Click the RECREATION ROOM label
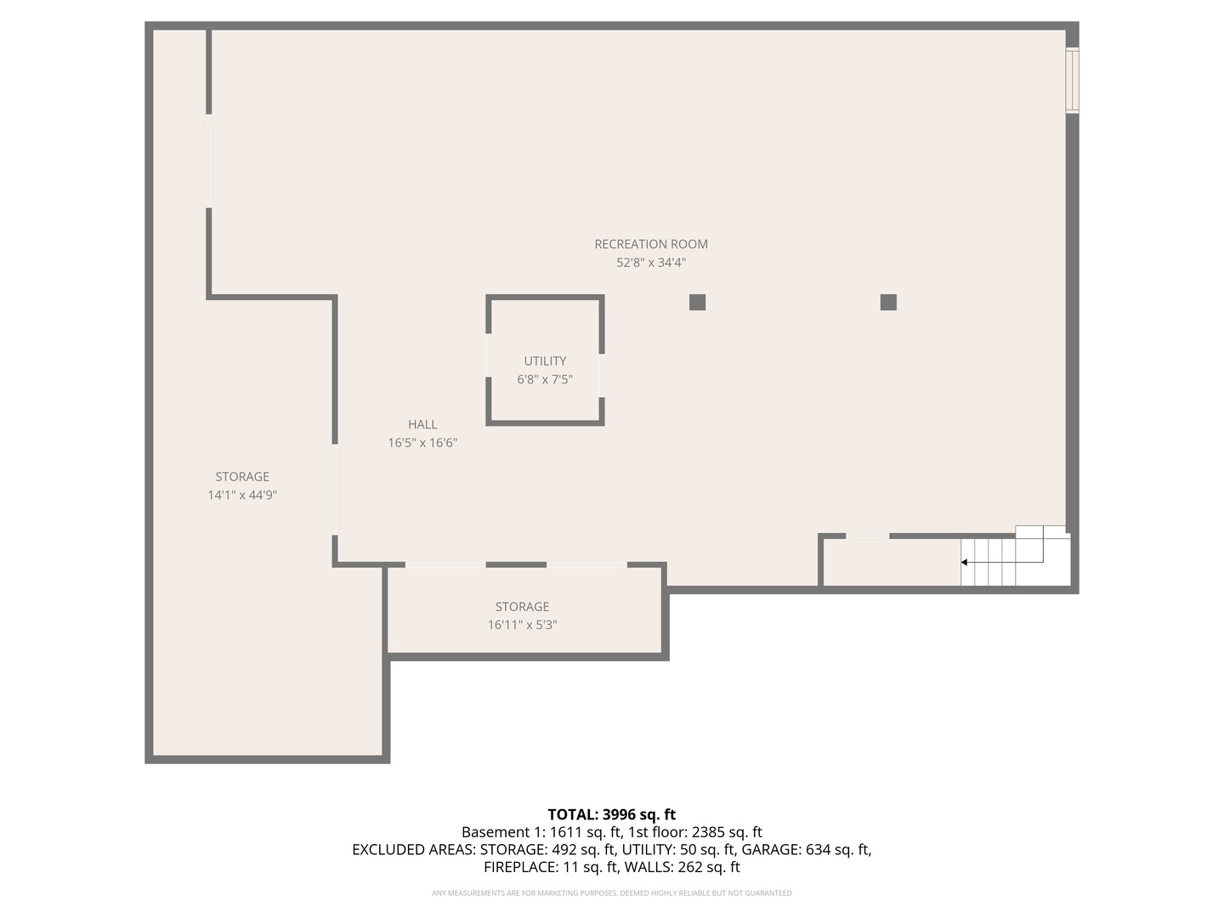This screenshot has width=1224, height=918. [x=651, y=244]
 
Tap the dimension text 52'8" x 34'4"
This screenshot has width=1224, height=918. [x=651, y=263]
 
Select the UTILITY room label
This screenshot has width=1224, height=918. [x=545, y=361]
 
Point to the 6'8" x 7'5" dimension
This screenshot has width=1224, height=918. [x=545, y=380]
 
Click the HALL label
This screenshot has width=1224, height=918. [x=422, y=424]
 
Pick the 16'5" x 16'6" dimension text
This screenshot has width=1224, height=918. [x=422, y=443]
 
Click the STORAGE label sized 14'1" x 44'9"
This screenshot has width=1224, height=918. [x=242, y=477]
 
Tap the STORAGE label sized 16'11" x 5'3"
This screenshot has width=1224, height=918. [x=522, y=607]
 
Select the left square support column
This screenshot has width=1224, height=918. [x=697, y=302]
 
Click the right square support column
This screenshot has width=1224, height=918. [x=888, y=302]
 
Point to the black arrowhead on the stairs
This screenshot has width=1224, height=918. [x=964, y=562]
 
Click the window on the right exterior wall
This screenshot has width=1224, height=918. [x=1073, y=81]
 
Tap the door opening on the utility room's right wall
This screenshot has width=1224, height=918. [x=602, y=375]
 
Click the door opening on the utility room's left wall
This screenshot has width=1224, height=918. [x=489, y=356]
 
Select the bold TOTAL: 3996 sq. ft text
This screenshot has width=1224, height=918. [x=611, y=814]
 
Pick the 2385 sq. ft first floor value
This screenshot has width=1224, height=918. [x=727, y=832]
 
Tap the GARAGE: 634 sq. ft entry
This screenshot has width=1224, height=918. [x=806, y=849]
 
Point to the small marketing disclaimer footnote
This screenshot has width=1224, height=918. [x=611, y=893]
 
